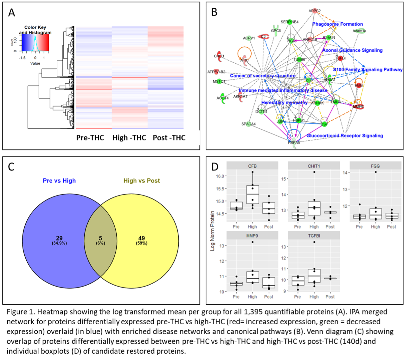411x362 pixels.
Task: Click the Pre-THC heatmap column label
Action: point(90,138)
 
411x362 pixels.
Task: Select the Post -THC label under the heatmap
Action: point(169,138)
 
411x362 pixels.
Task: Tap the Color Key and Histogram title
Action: point(35,30)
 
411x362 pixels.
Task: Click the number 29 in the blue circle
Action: point(59,238)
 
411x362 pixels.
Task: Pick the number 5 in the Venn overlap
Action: point(100,238)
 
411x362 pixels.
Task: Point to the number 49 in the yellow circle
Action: point(142,238)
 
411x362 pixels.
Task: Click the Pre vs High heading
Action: point(59,180)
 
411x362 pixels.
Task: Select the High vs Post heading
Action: point(142,180)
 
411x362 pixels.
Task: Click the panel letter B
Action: point(214,13)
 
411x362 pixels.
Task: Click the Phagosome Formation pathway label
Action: point(338,24)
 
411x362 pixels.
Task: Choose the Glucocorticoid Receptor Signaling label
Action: point(345,136)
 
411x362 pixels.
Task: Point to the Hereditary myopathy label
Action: point(284,102)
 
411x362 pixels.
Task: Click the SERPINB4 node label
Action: point(289,22)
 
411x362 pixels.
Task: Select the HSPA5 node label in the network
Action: point(294,142)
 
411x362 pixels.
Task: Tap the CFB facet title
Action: point(252,166)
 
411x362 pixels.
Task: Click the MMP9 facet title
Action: point(252,236)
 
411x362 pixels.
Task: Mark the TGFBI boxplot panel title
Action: point(314,236)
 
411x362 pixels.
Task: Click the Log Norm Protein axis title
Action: point(213,231)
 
